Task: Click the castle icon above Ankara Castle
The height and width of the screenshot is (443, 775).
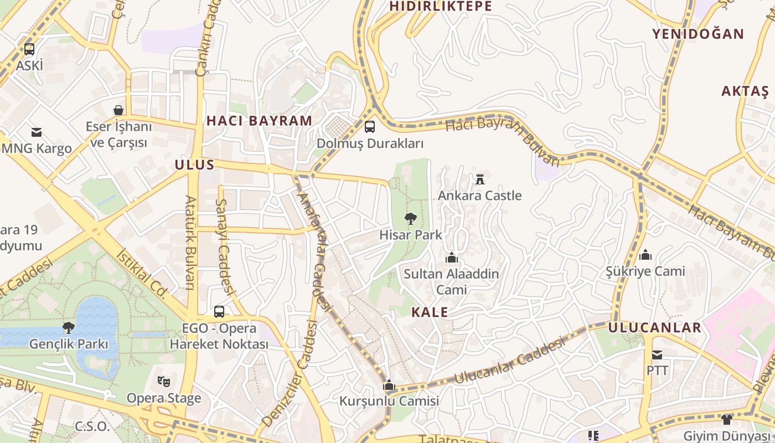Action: (x=480, y=179)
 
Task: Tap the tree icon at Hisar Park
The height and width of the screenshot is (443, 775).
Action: (x=410, y=219)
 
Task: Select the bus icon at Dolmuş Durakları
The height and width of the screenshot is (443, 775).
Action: (x=370, y=127)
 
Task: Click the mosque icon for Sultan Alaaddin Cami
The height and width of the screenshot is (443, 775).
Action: (x=452, y=257)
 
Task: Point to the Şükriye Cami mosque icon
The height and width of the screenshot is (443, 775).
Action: (x=645, y=255)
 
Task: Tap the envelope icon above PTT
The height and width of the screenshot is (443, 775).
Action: (x=657, y=354)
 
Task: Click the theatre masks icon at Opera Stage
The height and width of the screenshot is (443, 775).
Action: (x=163, y=381)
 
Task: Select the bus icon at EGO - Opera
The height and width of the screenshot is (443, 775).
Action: (x=219, y=312)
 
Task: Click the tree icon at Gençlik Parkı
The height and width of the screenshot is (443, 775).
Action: (x=69, y=327)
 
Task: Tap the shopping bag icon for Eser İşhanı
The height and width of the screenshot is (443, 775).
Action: (x=118, y=110)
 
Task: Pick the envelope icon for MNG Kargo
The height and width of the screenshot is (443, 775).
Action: (x=37, y=132)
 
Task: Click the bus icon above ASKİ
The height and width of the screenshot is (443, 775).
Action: (x=29, y=49)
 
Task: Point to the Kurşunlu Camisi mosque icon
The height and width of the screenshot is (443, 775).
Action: (x=389, y=385)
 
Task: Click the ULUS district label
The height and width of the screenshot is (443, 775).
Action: (x=194, y=164)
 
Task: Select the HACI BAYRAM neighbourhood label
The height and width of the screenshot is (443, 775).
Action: (x=259, y=121)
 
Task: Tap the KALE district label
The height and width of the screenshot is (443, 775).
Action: (x=430, y=312)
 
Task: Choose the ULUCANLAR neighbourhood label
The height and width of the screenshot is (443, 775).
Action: (x=654, y=327)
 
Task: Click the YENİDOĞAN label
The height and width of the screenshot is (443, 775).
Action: (x=697, y=34)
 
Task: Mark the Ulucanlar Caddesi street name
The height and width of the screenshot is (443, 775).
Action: (x=510, y=361)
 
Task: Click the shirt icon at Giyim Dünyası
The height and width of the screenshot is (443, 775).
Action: (x=727, y=419)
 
